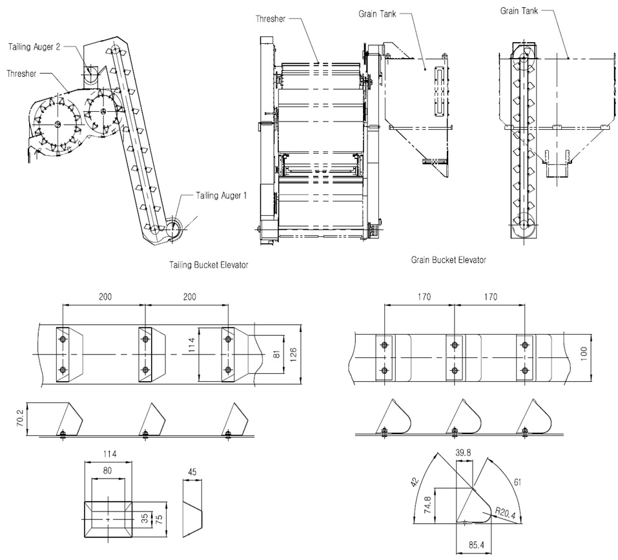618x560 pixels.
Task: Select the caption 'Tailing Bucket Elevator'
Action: click(x=208, y=265)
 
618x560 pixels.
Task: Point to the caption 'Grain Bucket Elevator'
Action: click(x=448, y=260)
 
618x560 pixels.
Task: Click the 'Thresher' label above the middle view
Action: click(x=270, y=19)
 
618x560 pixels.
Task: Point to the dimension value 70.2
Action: click(x=20, y=420)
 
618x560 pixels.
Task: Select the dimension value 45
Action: click(x=192, y=472)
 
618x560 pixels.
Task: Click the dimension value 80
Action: click(x=108, y=471)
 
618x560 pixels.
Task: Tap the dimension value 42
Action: click(x=415, y=480)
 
